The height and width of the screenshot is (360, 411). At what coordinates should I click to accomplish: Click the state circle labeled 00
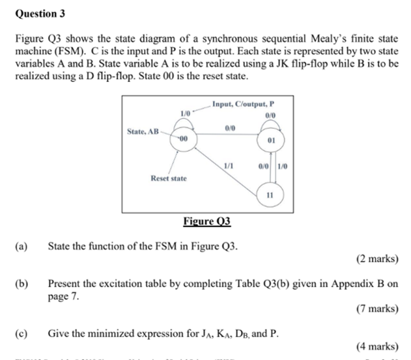[183, 139]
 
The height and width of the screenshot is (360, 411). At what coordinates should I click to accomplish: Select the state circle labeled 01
[271, 140]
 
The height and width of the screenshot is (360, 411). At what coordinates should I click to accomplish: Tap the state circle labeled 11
[270, 195]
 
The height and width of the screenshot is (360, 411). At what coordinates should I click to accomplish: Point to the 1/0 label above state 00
[184, 113]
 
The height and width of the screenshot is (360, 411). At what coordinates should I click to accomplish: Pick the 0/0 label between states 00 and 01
[228, 130]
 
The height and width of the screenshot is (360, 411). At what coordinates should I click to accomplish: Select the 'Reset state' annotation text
[168, 178]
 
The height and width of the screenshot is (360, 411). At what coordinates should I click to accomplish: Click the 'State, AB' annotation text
[143, 131]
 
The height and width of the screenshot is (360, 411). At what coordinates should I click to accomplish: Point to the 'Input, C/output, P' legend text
[244, 103]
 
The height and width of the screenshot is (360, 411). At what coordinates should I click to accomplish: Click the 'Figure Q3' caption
[207, 221]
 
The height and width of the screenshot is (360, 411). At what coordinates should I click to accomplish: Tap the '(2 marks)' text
[377, 258]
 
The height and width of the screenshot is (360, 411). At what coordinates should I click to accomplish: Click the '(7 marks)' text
[377, 309]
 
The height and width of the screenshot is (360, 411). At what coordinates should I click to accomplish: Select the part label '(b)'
[23, 284]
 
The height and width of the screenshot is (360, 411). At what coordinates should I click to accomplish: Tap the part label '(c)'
[23, 333]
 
